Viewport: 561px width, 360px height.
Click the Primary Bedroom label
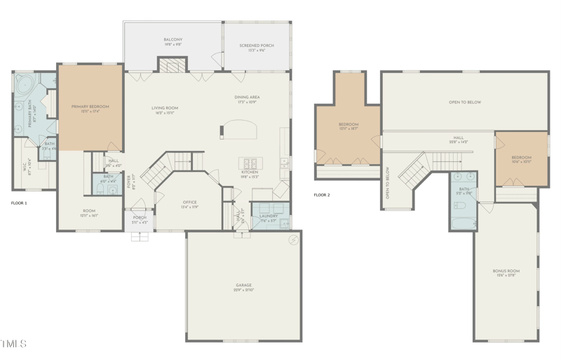pyautogui.click(x=90, y=107)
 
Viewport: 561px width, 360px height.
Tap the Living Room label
pyautogui.click(x=165, y=109)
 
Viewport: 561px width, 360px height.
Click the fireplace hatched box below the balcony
pyautogui.click(x=173, y=65)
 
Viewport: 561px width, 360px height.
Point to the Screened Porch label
pyautogui.click(x=256, y=46)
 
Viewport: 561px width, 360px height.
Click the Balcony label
pyautogui.click(x=173, y=40)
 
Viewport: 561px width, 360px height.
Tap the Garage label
pyautogui.click(x=243, y=286)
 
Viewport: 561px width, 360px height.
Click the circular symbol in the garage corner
pyautogui.click(x=293, y=240)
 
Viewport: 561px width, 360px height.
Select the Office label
pyautogui.click(x=189, y=203)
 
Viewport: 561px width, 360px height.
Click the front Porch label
pyautogui.click(x=140, y=218)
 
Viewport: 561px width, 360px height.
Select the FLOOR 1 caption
pyautogui.click(x=19, y=203)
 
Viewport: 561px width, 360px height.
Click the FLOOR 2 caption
pyautogui.click(x=321, y=195)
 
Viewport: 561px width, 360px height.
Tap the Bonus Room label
pyautogui.click(x=506, y=271)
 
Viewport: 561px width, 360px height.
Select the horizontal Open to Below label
pyautogui.click(x=465, y=102)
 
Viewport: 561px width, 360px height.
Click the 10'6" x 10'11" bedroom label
pyautogui.click(x=521, y=158)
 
